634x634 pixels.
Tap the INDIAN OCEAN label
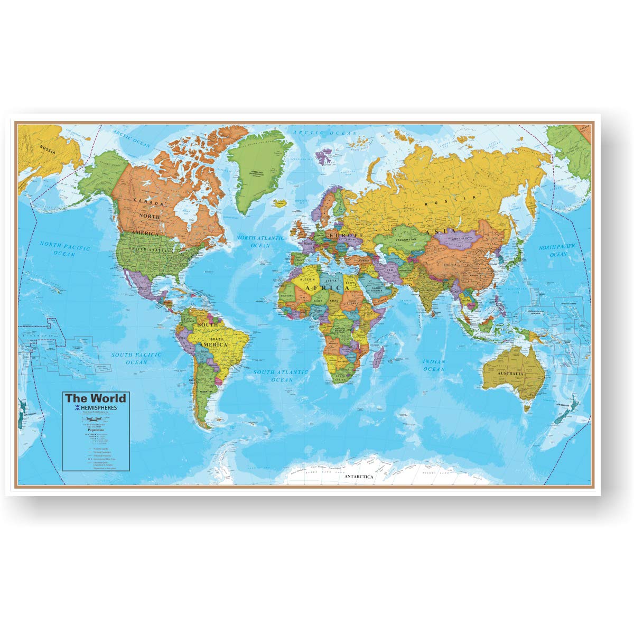[434, 365]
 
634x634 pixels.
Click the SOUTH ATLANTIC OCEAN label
[280, 376]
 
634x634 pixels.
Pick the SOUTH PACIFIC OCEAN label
[136, 358]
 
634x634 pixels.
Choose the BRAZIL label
[218, 338]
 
